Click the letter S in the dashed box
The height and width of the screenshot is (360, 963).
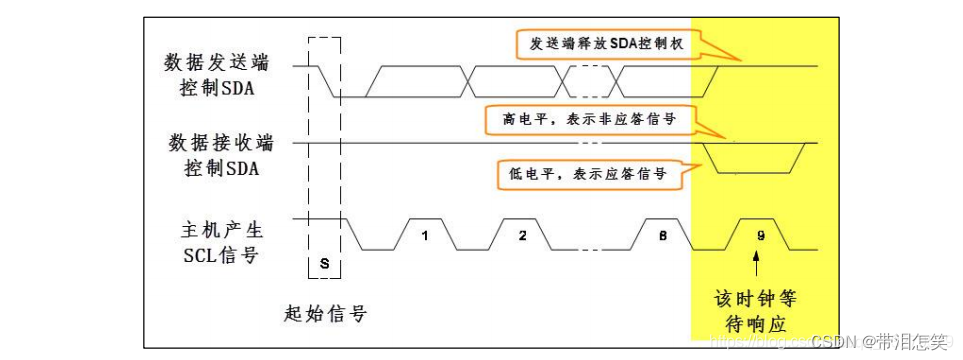(x=325, y=262)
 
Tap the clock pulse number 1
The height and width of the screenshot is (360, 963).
(x=425, y=236)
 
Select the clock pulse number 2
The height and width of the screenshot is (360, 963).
(x=521, y=236)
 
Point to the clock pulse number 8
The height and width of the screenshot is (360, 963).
(x=663, y=236)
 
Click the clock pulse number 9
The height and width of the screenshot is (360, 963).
(x=761, y=236)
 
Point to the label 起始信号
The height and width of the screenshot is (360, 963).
(x=325, y=314)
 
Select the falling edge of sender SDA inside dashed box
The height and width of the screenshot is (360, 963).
(x=327, y=81)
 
